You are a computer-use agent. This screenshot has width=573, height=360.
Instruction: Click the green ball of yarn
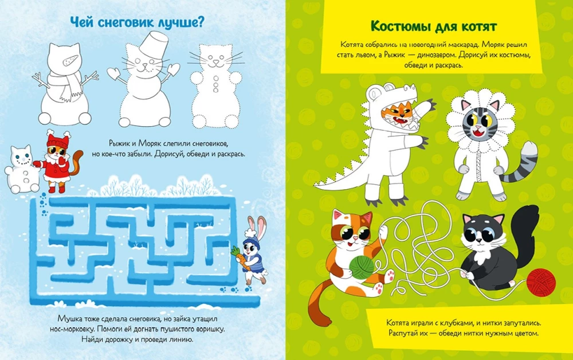click(362, 267)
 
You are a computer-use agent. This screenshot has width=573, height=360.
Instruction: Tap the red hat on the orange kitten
click(58, 139)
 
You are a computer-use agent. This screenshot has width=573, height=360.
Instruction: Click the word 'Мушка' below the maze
click(70, 318)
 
